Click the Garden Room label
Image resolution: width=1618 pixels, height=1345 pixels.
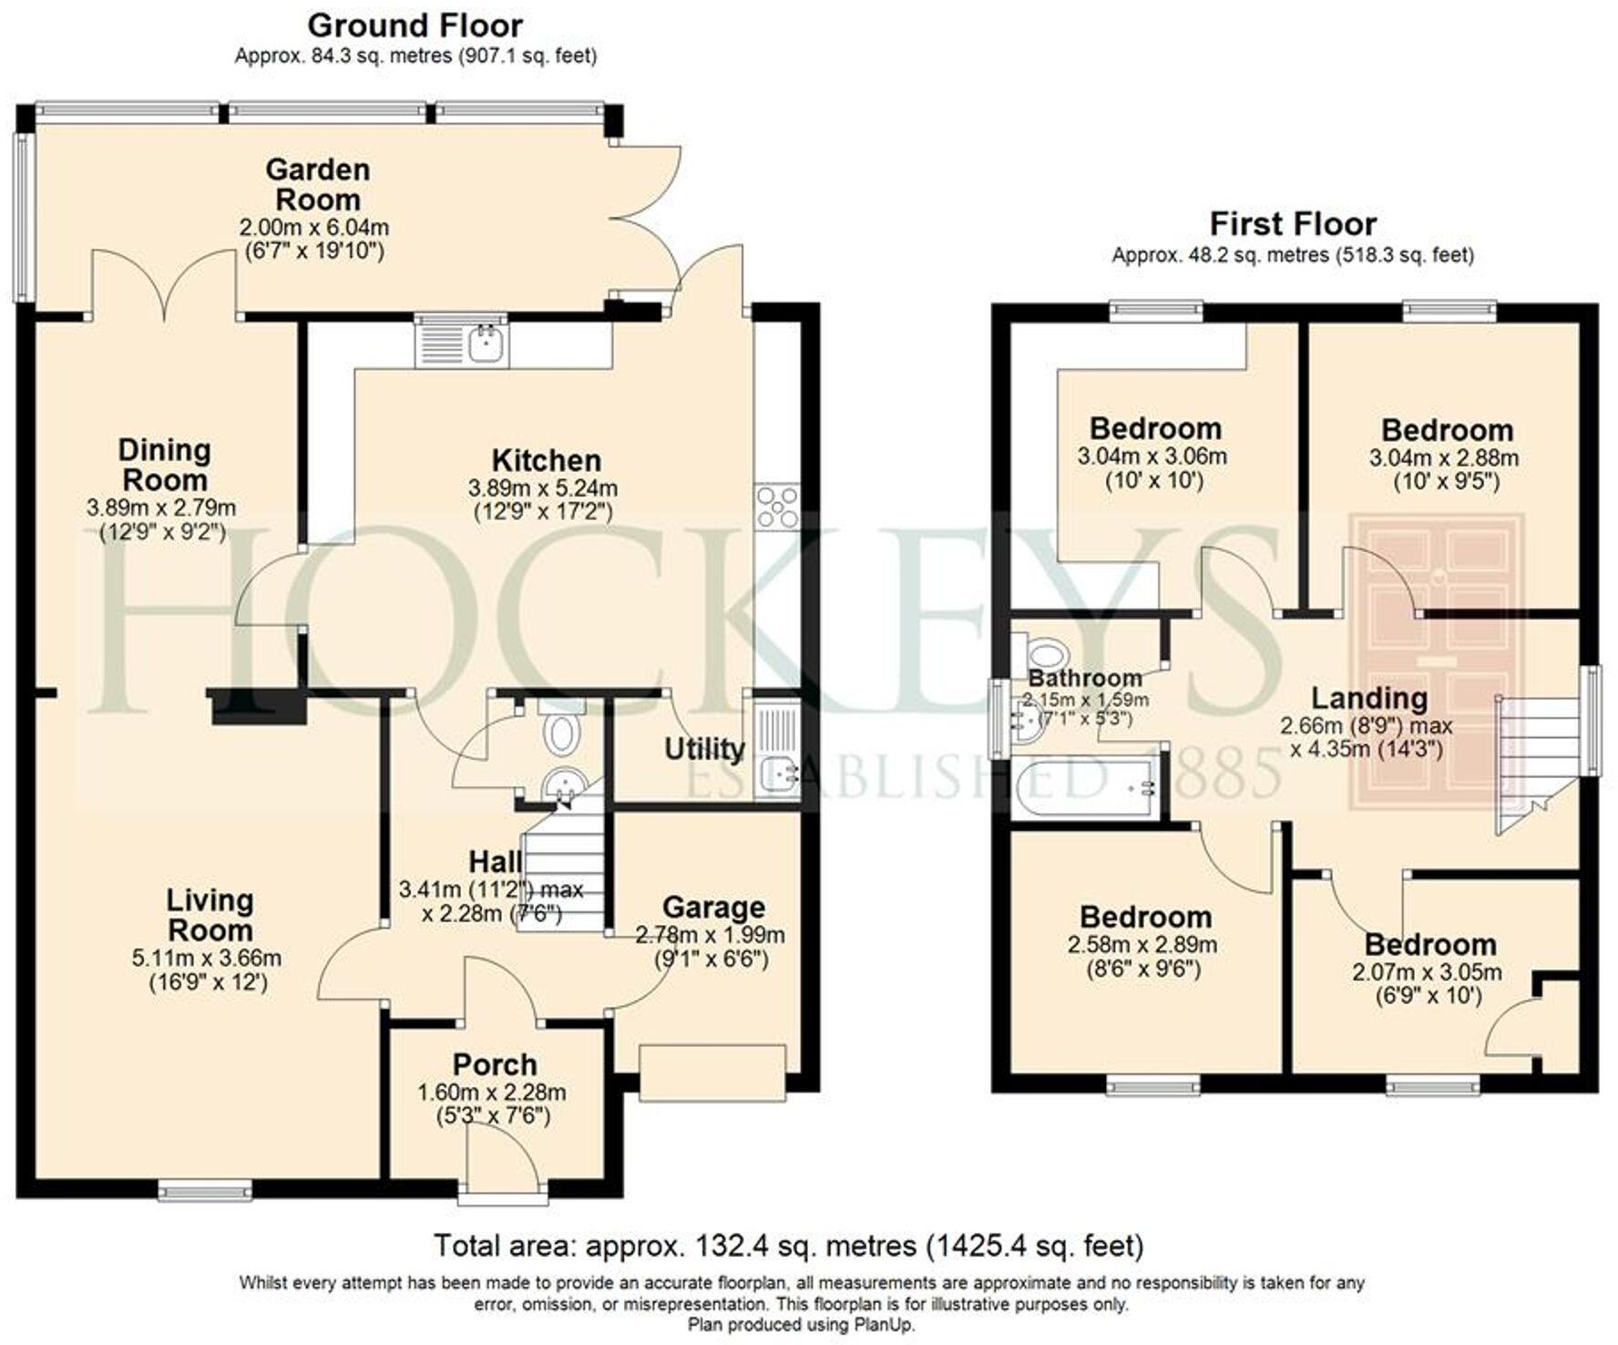[318, 184]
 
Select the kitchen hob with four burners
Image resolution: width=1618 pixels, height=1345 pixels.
[776, 507]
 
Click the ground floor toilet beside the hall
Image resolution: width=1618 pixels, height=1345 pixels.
[561, 734]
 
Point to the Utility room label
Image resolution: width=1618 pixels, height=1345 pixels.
[704, 749]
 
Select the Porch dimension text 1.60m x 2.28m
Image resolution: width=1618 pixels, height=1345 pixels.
[492, 1092]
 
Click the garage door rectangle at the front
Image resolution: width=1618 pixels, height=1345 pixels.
[712, 1073]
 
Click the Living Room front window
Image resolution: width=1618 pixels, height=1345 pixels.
[204, 1190]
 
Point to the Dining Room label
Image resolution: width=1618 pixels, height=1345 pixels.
[164, 465]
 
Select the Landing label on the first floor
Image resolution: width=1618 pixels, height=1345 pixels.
[1368, 698]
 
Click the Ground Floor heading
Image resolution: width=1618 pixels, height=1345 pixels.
[415, 25]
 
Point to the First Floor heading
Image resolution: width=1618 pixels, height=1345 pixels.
[1292, 223]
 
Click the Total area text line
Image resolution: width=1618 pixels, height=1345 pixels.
[787, 1245]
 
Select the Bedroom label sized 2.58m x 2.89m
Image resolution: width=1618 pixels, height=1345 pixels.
[1145, 917]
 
